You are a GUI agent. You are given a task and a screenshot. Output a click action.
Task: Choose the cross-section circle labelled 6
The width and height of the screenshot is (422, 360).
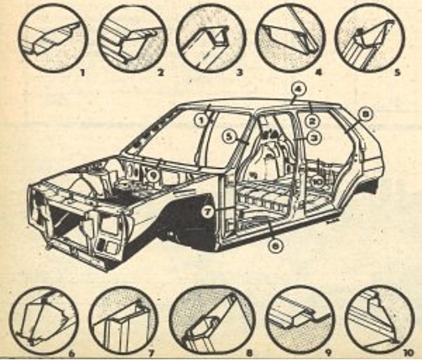pos(45,317)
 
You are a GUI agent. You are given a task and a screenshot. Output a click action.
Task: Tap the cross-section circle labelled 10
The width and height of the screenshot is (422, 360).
pos(377,317)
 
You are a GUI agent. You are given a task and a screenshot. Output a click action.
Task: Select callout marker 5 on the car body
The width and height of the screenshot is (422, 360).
pos(229,136)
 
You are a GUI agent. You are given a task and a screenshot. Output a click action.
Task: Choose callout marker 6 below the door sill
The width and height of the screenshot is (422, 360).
pos(274,246)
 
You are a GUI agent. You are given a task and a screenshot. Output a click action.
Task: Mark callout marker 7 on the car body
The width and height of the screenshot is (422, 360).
pos(208,211)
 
